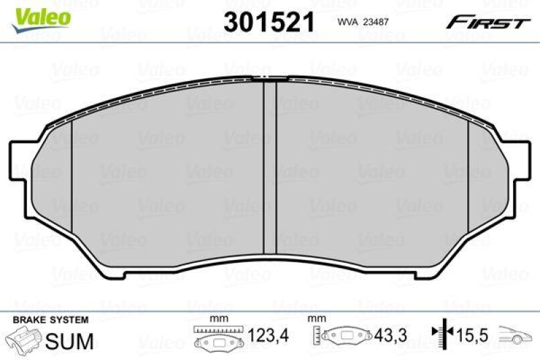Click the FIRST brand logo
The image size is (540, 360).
click(486, 22)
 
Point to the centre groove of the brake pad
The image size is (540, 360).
click(269, 162)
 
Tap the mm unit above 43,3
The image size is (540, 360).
click(315, 317)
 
